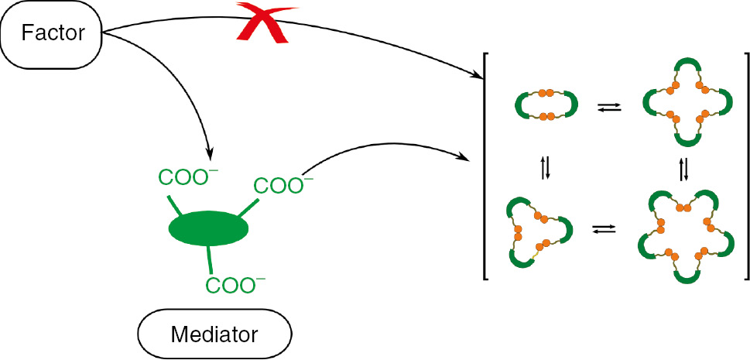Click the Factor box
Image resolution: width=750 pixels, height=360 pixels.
pos(52,35)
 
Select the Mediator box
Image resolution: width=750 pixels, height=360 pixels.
pos(214,335)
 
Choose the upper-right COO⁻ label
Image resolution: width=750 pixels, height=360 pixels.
pos(283,186)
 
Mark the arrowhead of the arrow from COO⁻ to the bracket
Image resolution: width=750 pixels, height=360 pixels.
pos(470,159)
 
